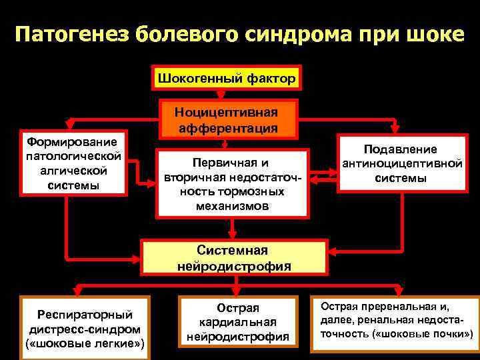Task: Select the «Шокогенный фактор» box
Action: [227, 79]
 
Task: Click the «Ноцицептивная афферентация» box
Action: [226, 119]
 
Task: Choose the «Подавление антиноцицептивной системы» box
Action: [400, 163]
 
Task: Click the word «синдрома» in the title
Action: [294, 34]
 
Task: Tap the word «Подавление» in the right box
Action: [400, 149]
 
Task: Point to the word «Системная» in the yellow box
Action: [233, 250]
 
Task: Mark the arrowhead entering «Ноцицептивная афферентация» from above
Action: [221, 95]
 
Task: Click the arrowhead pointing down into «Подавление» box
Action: [395, 129]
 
